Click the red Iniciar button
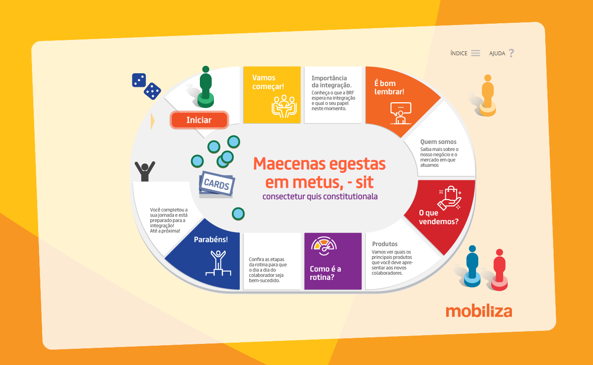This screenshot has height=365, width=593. click(199, 120)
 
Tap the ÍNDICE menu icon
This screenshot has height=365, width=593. click(476, 53)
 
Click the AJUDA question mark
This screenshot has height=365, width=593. click(511, 53)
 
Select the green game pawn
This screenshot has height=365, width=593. click(206, 87)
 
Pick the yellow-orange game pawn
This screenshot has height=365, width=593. click(488, 96)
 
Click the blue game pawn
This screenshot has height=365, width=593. click(472, 266)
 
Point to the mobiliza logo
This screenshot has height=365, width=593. click(479, 311)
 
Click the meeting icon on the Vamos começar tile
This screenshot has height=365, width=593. click(284, 106)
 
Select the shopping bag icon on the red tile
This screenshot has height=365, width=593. click(450, 198)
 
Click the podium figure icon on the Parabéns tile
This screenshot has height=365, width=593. click(218, 263)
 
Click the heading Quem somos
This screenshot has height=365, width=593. click(438, 142)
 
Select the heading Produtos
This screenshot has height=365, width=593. click(385, 244)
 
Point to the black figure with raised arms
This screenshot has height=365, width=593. click(145, 171)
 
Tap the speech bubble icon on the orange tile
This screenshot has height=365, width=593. click(401, 113)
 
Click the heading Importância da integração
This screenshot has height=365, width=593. click(331, 82)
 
